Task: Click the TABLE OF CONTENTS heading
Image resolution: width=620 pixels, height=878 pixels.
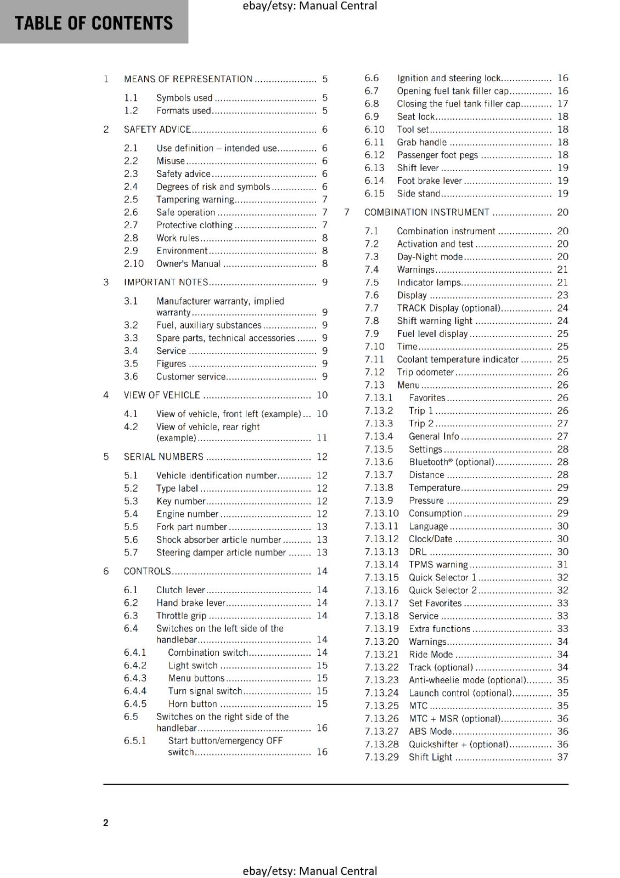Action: (x=93, y=23)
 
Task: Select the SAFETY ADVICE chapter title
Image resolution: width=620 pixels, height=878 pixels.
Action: (x=157, y=130)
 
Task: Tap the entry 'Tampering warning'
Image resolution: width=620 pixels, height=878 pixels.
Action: (x=195, y=200)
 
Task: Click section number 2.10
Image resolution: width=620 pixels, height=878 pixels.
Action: (x=133, y=264)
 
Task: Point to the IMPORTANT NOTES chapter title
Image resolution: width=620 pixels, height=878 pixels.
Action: (x=166, y=283)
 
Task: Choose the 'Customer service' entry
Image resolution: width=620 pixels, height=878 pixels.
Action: (x=190, y=377)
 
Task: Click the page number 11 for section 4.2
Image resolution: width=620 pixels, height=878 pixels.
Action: (x=322, y=438)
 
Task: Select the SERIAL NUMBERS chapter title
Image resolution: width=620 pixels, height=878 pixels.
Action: (x=164, y=457)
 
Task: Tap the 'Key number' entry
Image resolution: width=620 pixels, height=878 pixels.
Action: (x=181, y=502)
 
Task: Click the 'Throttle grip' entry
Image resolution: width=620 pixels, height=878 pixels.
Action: (x=181, y=616)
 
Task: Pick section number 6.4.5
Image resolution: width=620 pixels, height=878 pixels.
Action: (x=135, y=704)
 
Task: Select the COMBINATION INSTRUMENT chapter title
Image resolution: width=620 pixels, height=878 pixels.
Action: (x=426, y=212)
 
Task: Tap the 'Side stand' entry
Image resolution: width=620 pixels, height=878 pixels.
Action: (x=418, y=194)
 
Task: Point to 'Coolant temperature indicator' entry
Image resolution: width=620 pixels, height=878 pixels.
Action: (x=458, y=359)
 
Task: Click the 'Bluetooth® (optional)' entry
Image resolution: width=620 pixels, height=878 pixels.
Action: (x=451, y=462)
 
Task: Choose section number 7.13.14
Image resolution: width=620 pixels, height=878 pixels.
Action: (x=381, y=565)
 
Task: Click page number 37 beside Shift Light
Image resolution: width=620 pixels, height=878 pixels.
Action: (x=562, y=757)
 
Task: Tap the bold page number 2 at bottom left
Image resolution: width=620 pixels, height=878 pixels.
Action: (x=106, y=823)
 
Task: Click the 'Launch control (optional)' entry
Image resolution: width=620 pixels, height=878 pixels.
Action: (x=460, y=693)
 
